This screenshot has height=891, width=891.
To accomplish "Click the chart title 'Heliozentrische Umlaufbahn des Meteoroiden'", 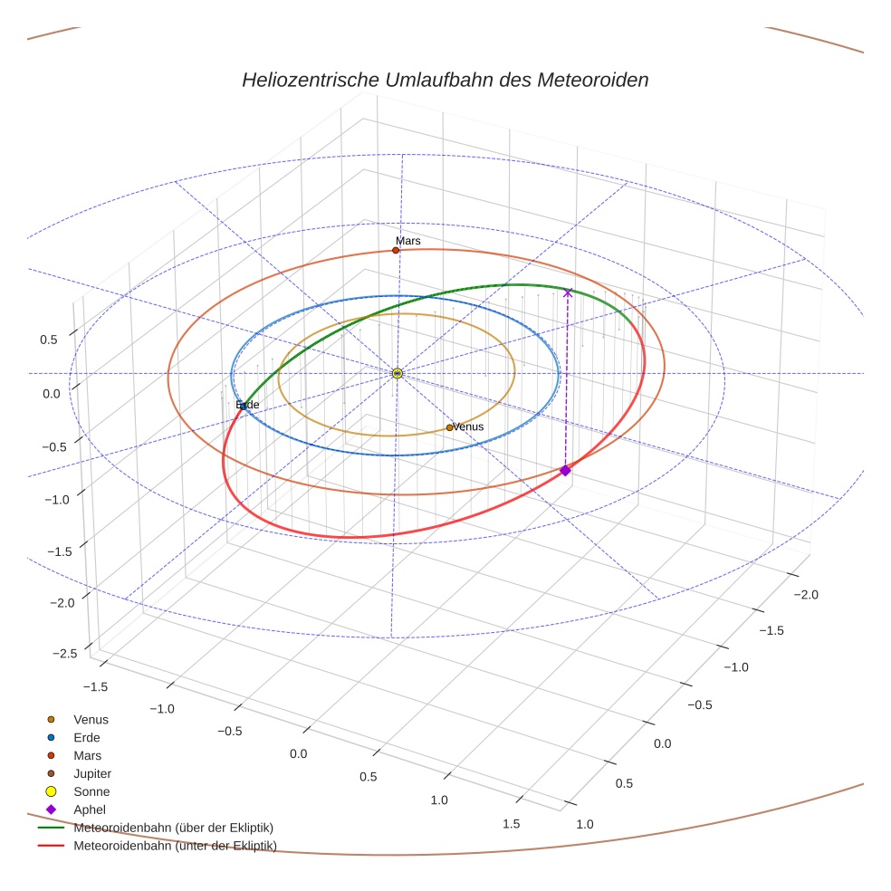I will point(445,80).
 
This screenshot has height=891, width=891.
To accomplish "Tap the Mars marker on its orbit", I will point(396,250).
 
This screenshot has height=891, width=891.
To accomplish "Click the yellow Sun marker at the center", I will point(397,373).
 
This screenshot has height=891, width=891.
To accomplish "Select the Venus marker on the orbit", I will point(449,427).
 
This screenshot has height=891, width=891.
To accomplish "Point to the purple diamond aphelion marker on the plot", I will point(565,470).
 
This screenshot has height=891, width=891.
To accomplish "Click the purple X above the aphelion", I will point(568,292).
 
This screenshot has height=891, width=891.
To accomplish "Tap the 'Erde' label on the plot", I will point(247,405).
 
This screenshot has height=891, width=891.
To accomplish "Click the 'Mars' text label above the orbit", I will point(408,241).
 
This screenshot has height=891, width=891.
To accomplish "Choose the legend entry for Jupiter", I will point(91,773).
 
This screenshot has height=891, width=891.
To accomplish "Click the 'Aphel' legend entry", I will point(89,810).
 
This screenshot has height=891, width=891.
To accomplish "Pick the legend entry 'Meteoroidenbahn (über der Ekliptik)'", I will point(173,828).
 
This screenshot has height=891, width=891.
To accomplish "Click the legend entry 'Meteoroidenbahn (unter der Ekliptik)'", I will point(175,846).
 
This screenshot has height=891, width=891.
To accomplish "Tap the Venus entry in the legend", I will point(91,719).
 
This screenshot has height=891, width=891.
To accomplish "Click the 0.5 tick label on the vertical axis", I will point(48,340).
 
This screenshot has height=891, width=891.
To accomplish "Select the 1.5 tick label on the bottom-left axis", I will point(511,823).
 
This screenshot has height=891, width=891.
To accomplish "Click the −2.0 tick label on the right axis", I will point(805,595).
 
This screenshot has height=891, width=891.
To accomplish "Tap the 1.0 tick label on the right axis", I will point(584,824).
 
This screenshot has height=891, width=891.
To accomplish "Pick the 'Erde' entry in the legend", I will point(87,737).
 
